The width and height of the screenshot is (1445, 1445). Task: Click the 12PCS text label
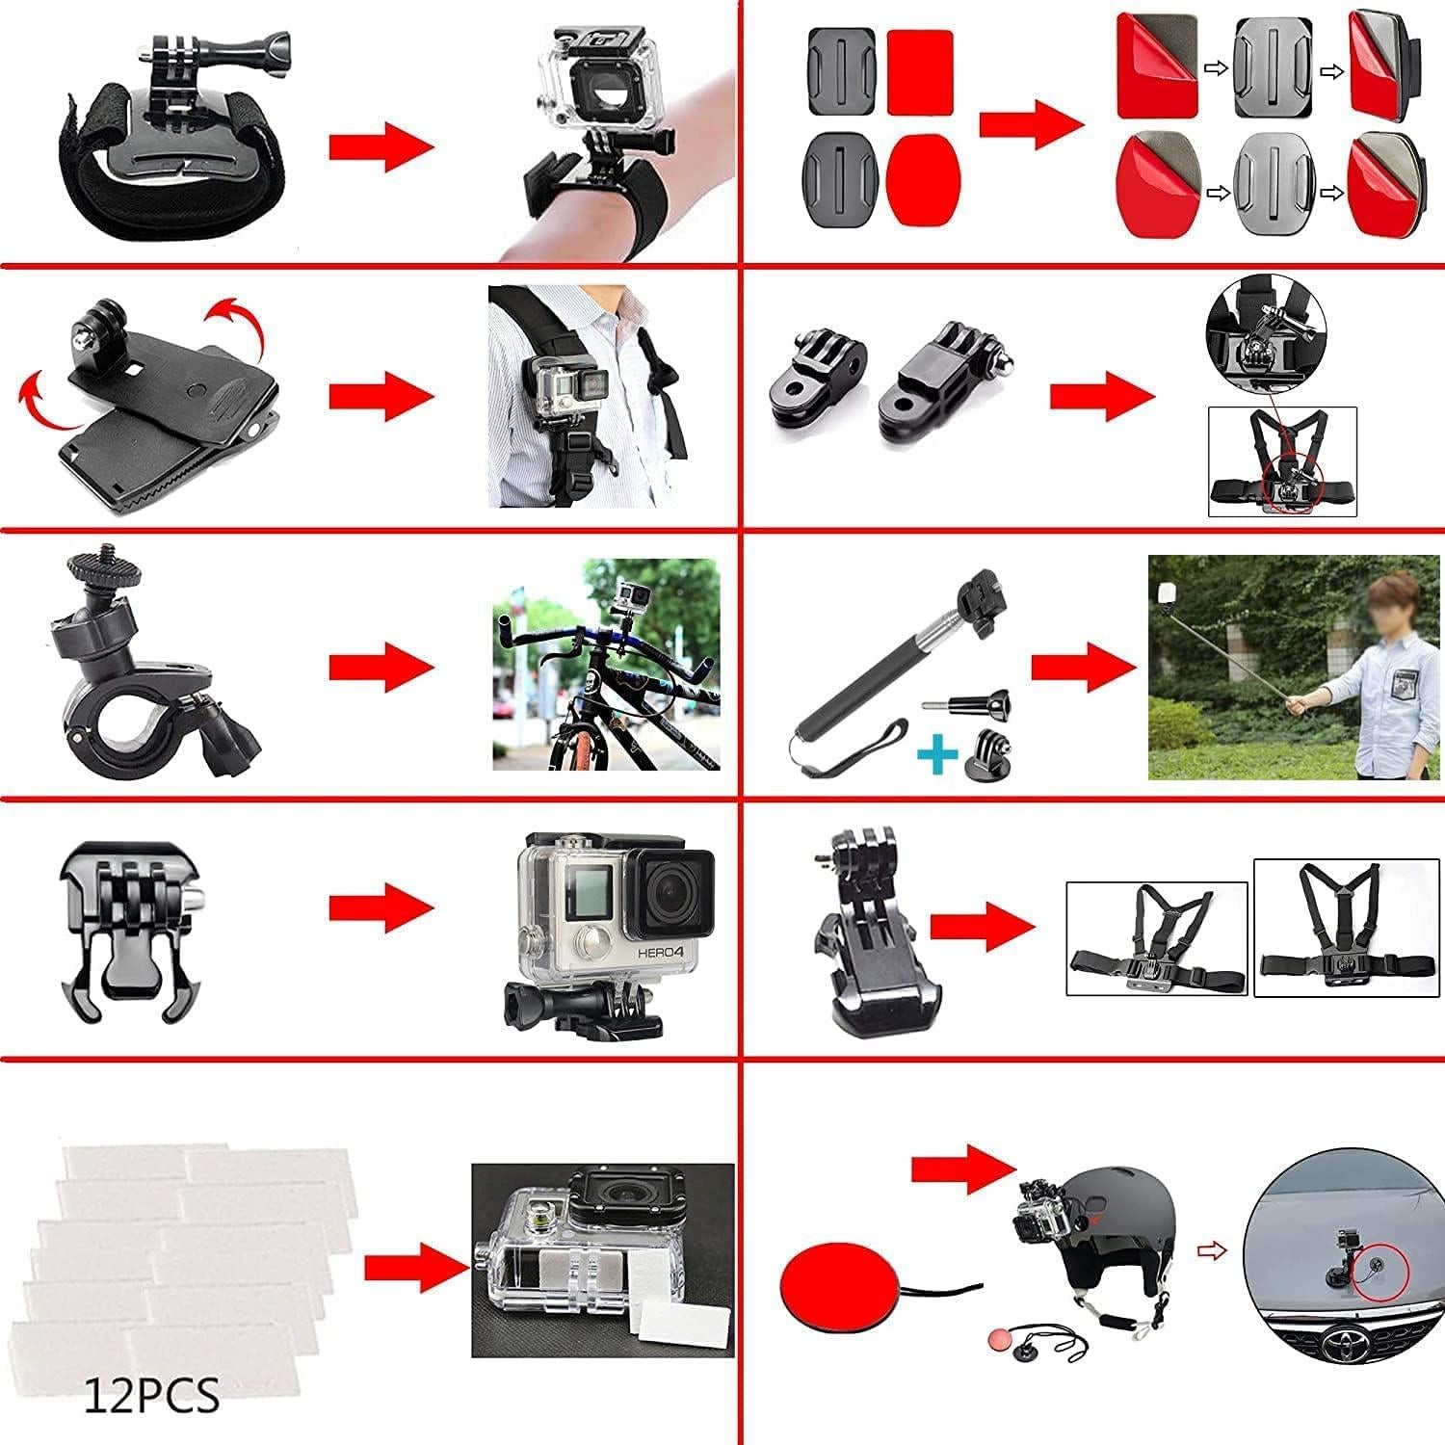point(151,1393)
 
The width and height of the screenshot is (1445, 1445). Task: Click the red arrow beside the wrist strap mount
point(381,147)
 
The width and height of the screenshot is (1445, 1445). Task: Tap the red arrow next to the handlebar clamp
point(381,668)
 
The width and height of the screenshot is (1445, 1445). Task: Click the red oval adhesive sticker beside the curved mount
point(919,173)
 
